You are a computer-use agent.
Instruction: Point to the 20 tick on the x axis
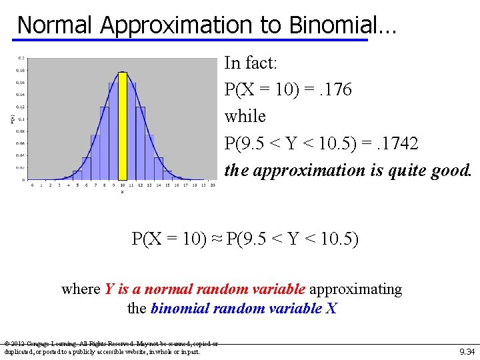coord(212,185)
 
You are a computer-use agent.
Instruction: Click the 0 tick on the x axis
coord(32,185)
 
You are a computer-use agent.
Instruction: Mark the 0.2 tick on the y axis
coord(21,58)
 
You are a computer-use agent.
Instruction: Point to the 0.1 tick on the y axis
coord(21,119)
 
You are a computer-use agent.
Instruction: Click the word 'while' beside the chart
coord(245,116)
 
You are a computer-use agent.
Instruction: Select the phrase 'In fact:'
coord(250,63)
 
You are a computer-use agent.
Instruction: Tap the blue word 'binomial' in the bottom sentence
coord(181,309)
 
